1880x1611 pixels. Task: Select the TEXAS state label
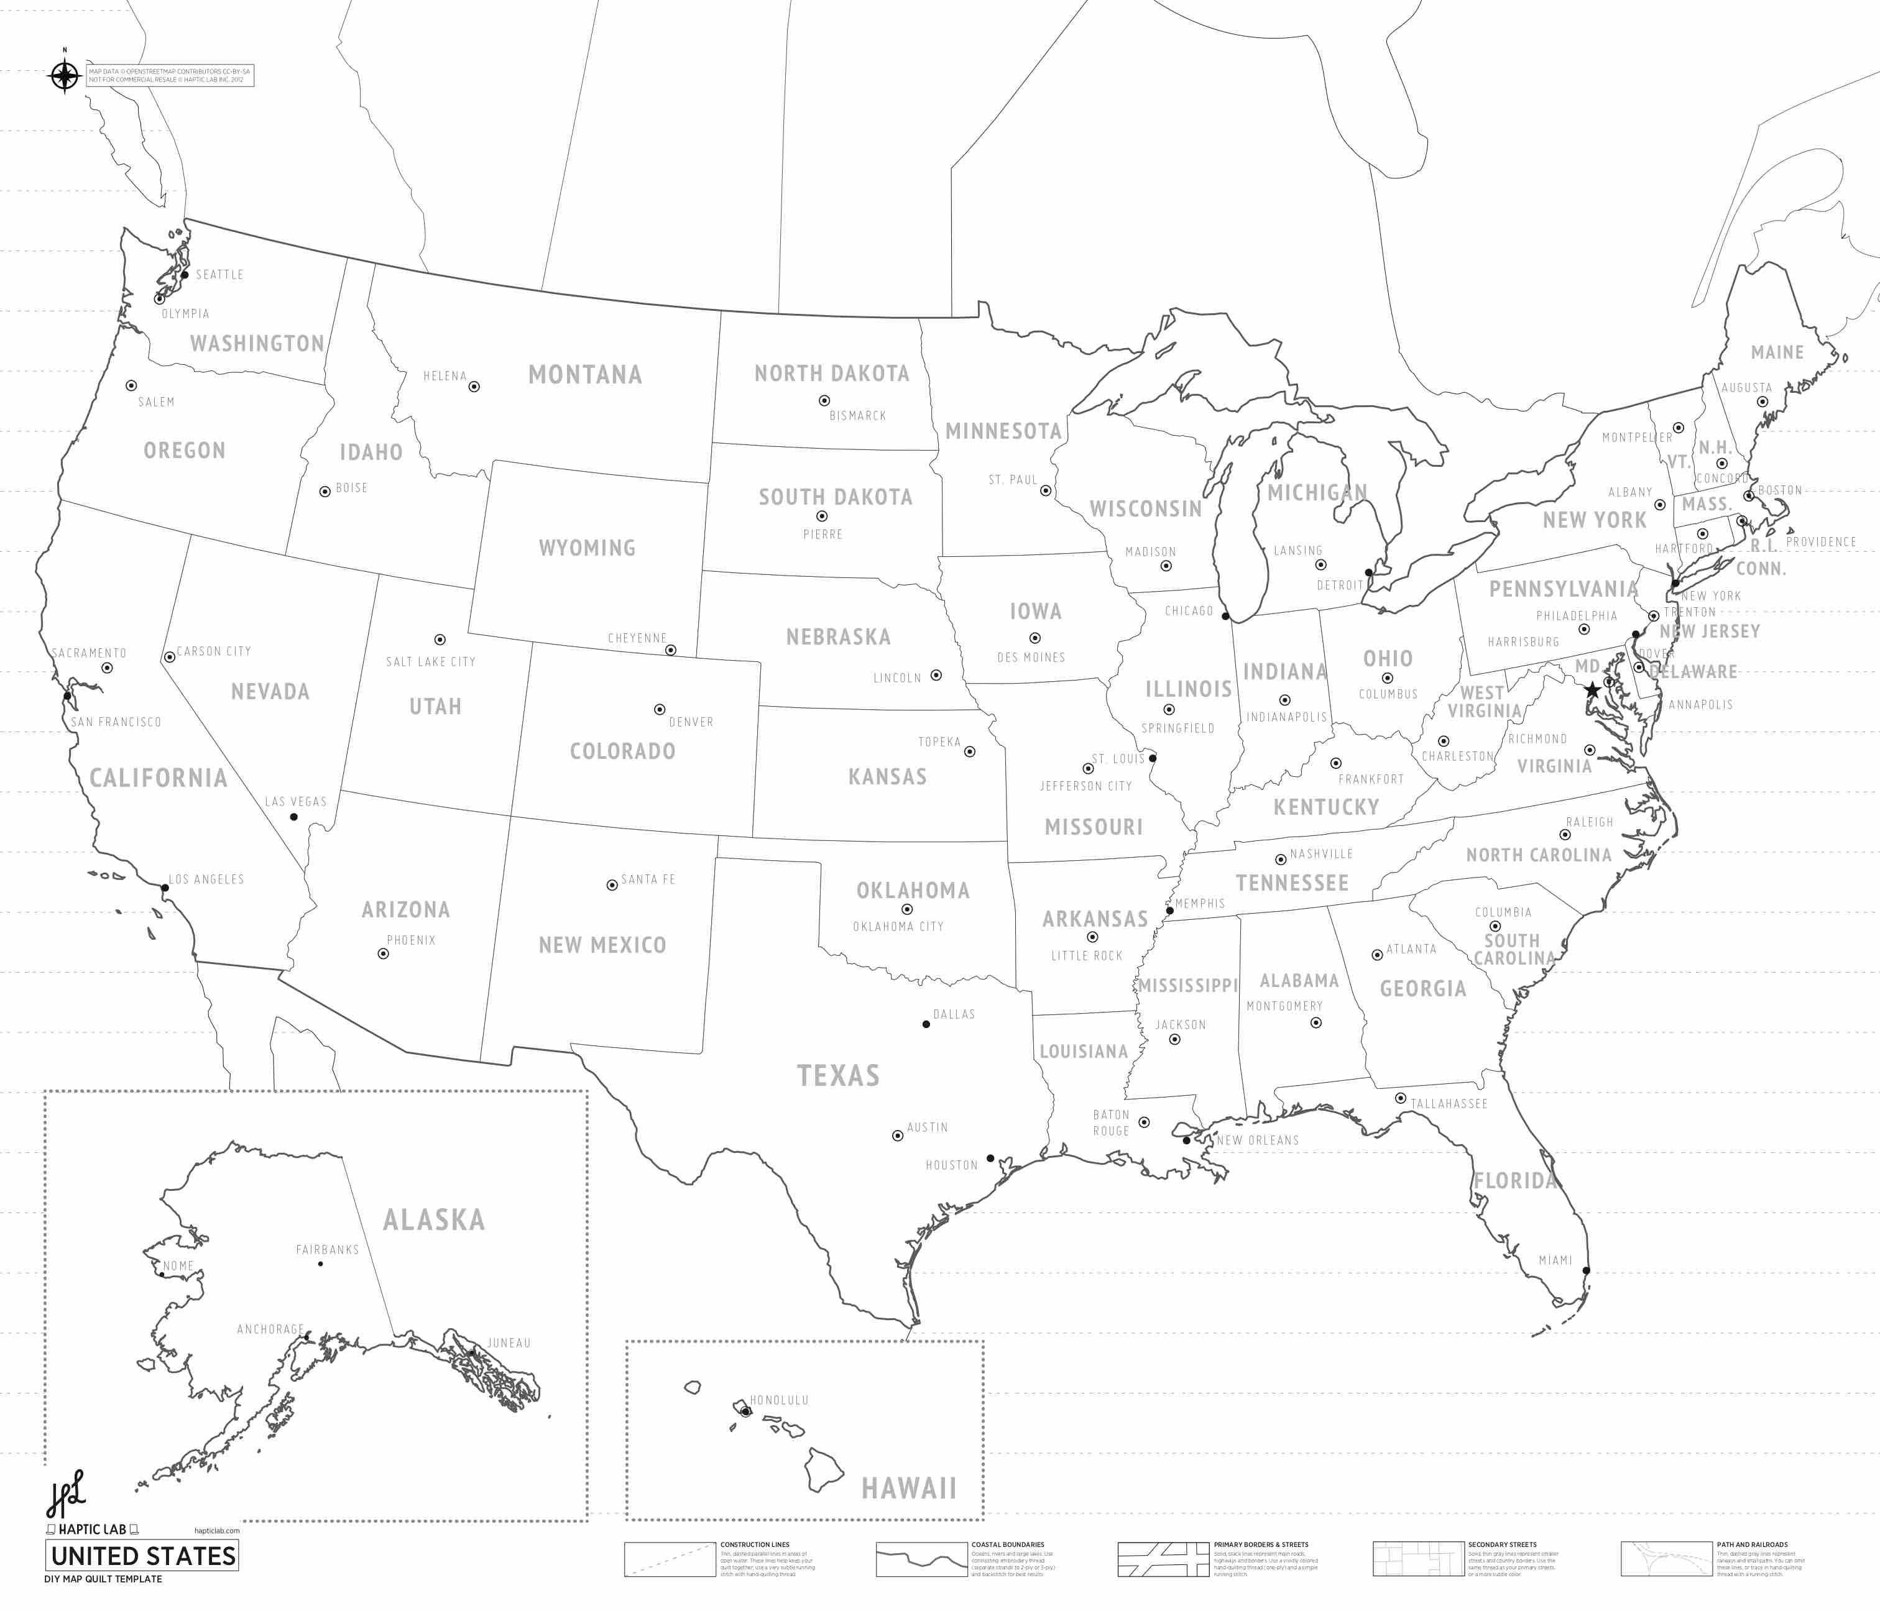(x=839, y=1076)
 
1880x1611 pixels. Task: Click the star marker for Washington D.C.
(x=1592, y=691)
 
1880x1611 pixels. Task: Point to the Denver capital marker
(x=660, y=709)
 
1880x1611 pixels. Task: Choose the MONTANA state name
(x=585, y=375)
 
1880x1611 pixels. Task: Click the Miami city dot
(x=1586, y=1270)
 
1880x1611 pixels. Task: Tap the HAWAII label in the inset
(x=908, y=1489)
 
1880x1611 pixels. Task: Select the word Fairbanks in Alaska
(x=328, y=1250)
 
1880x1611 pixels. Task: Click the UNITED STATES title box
(x=142, y=1556)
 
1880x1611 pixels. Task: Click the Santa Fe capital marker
(x=612, y=885)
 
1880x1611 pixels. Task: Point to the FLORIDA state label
(x=1514, y=1180)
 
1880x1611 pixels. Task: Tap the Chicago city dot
(x=1225, y=617)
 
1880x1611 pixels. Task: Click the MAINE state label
(x=1777, y=352)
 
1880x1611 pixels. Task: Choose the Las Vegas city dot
(x=293, y=817)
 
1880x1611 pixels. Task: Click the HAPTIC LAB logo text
(x=93, y=1530)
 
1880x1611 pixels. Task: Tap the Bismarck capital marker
(x=824, y=400)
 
